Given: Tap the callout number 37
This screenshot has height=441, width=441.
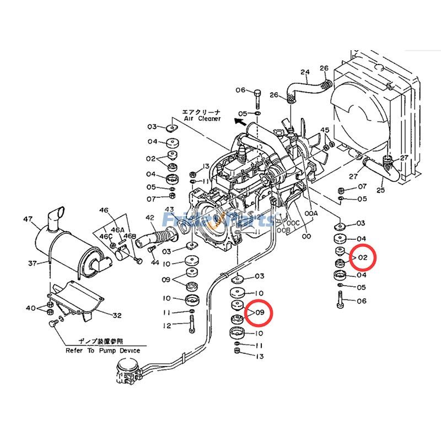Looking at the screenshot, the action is pyautogui.click(x=32, y=263).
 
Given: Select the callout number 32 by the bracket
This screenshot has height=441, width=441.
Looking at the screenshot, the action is pyautogui.click(x=117, y=316).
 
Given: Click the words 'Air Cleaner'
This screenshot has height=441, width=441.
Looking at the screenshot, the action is pyautogui.click(x=202, y=119).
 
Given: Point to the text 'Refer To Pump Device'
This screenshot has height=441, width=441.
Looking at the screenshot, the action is pyautogui.click(x=103, y=351).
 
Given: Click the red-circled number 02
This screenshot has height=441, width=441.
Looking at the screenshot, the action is pyautogui.click(x=362, y=257).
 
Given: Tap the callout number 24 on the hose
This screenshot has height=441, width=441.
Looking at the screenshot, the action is pyautogui.click(x=305, y=72).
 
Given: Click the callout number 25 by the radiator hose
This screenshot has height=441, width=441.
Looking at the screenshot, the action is pyautogui.click(x=380, y=190).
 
